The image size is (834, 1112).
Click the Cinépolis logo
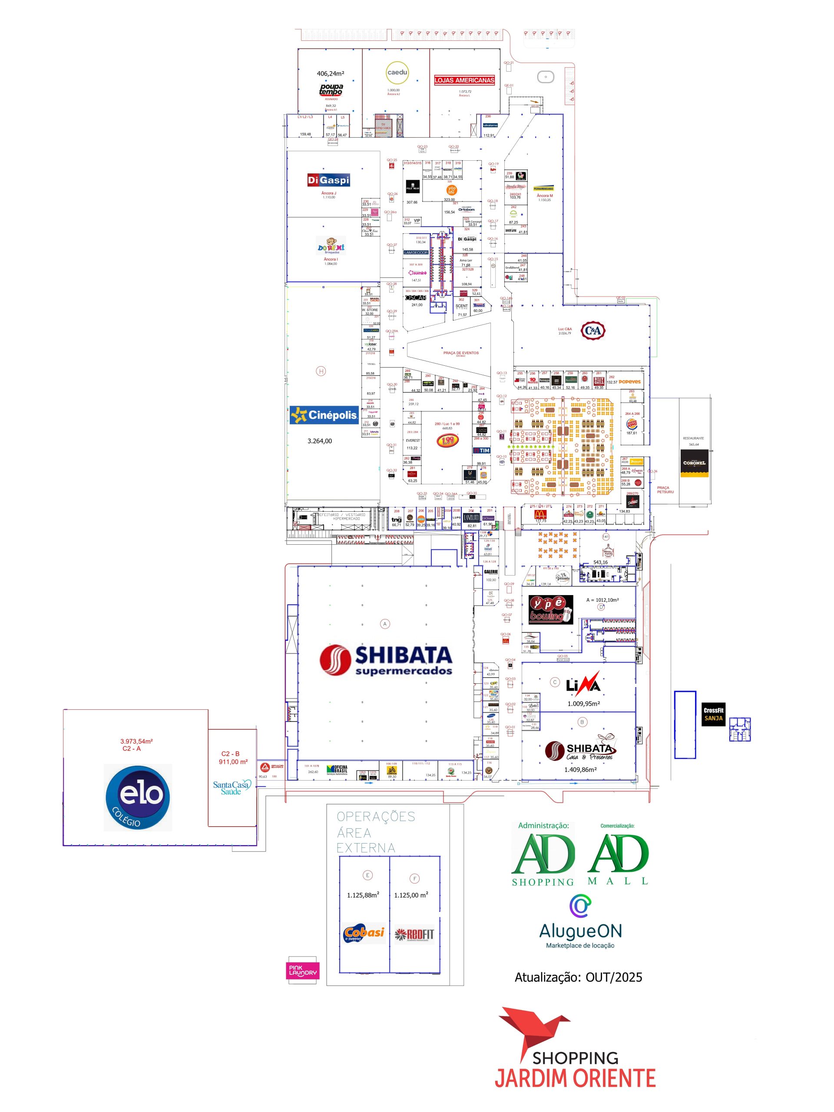click(324, 415)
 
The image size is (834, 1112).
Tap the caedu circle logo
click(397, 73)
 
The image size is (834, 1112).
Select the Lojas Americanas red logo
click(464, 80)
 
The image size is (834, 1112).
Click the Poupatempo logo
click(331, 89)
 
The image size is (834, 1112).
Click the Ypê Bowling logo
click(550, 609)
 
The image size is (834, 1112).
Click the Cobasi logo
click(364, 933)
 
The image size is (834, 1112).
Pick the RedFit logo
click(414, 934)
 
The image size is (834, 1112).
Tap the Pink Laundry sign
click(303, 970)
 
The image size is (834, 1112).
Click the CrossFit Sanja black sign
click(713, 714)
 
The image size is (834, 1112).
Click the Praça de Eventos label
click(460, 353)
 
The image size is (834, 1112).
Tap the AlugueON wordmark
click(580, 931)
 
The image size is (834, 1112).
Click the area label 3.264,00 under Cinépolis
click(320, 441)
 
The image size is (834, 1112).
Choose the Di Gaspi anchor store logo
click(328, 180)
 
